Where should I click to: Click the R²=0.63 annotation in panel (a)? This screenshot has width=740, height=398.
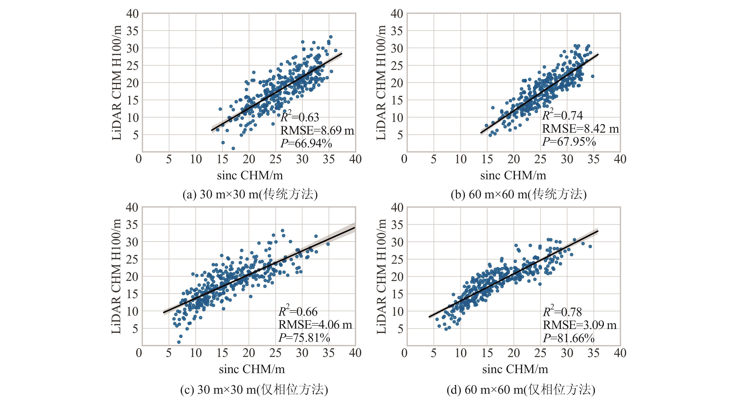(300, 117)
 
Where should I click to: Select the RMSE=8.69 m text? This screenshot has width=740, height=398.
(317, 130)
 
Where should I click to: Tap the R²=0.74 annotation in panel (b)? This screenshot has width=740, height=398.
(562, 115)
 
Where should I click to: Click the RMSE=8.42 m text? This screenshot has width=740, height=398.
(580, 129)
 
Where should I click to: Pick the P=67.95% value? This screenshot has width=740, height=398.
(569, 141)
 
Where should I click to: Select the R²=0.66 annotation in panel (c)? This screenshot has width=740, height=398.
(298, 311)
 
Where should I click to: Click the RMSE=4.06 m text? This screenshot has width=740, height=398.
(315, 325)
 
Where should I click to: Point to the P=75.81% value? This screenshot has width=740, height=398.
(304, 338)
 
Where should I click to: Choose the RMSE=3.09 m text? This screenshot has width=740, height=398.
(580, 325)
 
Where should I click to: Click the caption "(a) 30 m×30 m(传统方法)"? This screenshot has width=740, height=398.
(250, 195)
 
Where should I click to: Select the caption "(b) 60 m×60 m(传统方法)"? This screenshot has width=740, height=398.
(519, 195)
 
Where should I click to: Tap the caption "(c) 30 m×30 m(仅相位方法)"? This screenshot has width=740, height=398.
(254, 390)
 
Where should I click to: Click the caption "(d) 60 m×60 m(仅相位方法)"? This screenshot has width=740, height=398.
(521, 390)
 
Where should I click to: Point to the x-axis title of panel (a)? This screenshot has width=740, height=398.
(250, 175)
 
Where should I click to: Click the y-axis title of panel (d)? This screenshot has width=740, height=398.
(381, 276)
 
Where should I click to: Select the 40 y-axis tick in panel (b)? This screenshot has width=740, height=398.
(397, 14)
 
